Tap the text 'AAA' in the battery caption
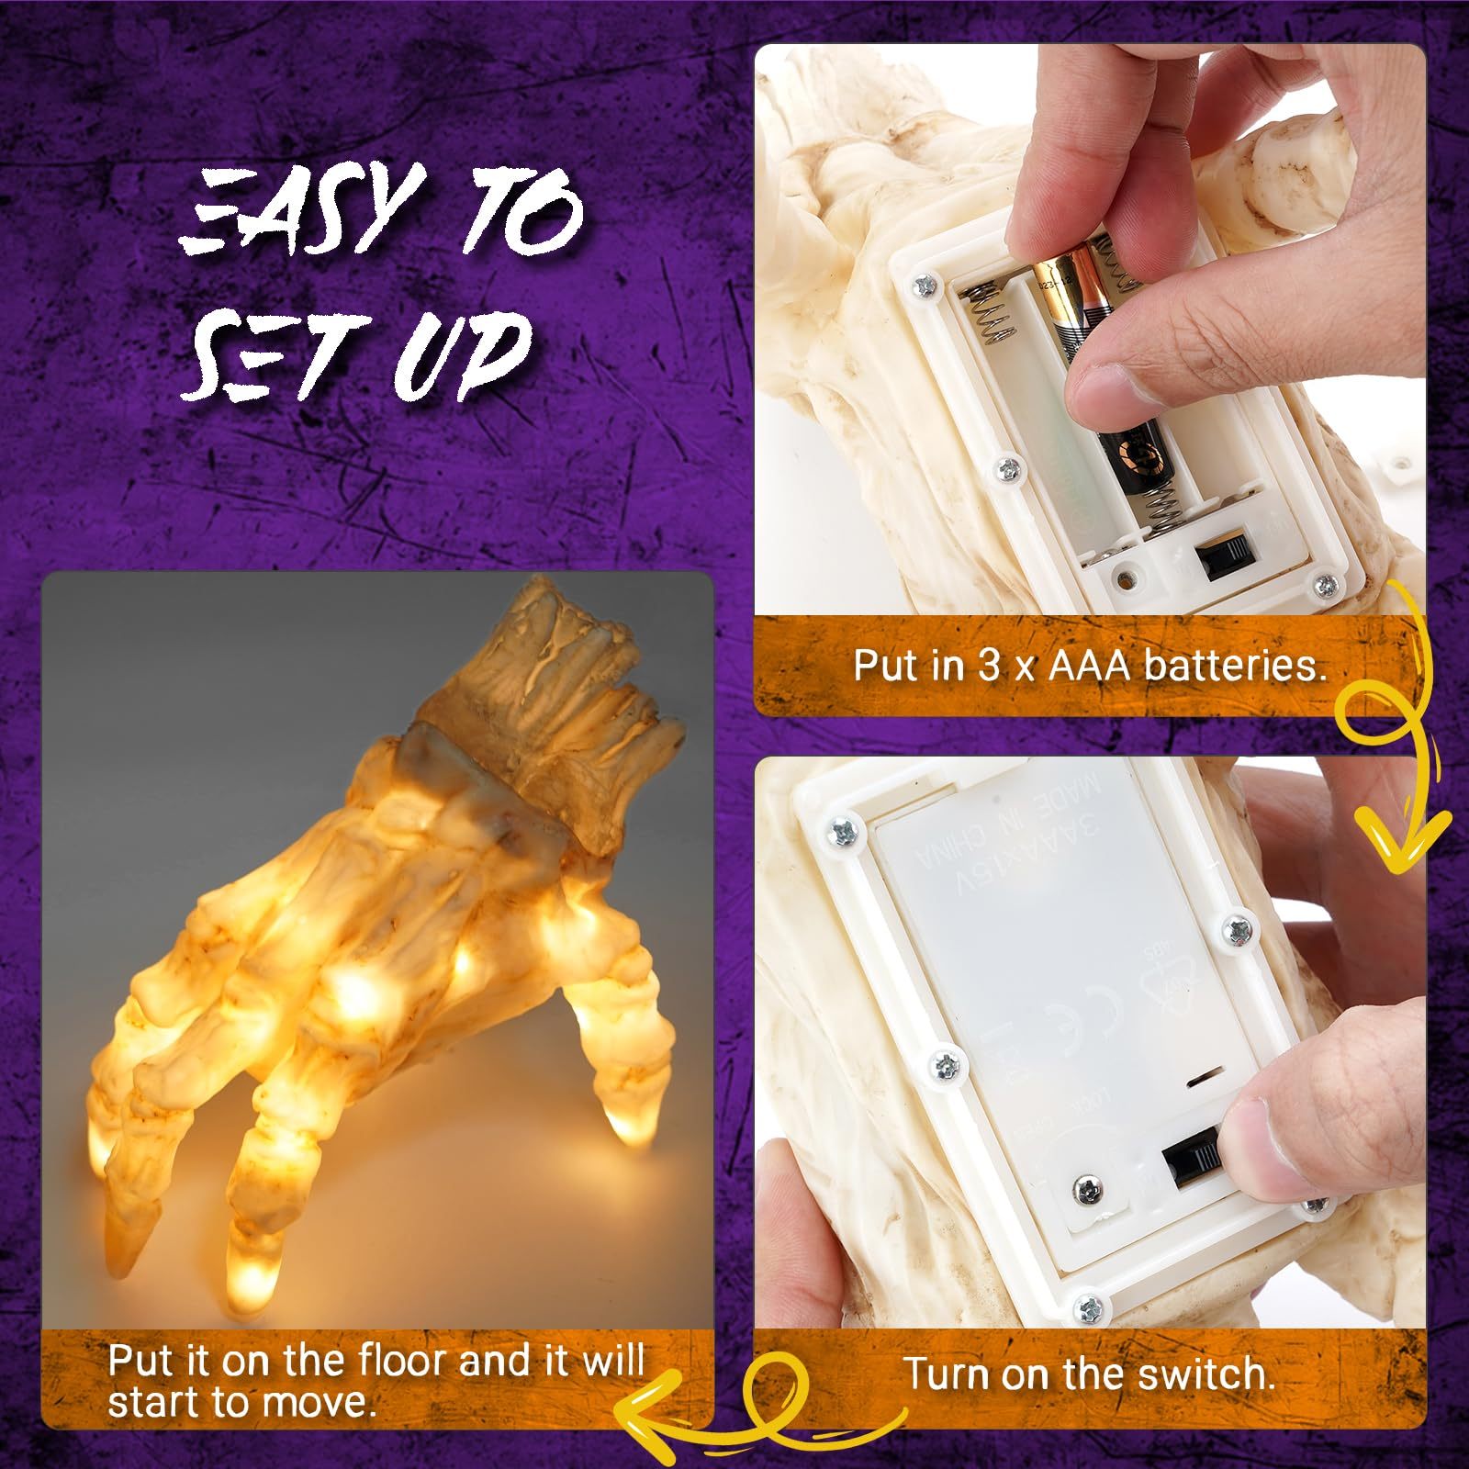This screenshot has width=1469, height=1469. tap(1090, 665)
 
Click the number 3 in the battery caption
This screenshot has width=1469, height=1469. tap(988, 665)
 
